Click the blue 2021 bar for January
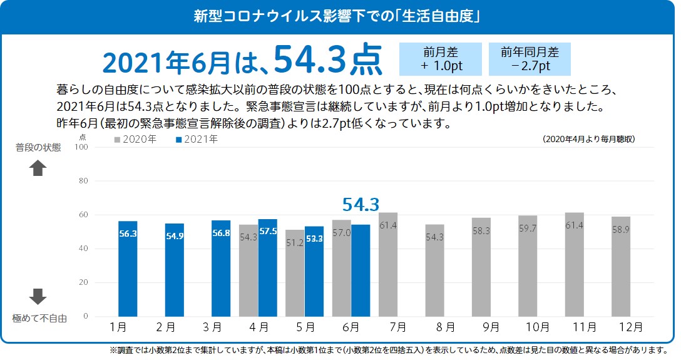[128, 269]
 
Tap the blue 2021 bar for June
[361, 270]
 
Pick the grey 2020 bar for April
[248, 270]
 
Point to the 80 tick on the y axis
[81, 181]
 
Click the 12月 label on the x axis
[630, 327]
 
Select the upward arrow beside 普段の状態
[38, 168]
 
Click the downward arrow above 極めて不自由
[38, 296]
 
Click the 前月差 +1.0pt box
[441, 59]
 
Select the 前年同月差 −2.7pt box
[530, 59]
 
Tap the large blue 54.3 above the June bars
[361, 204]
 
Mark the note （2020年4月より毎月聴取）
[589, 140]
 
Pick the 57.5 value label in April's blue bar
[268, 231]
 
